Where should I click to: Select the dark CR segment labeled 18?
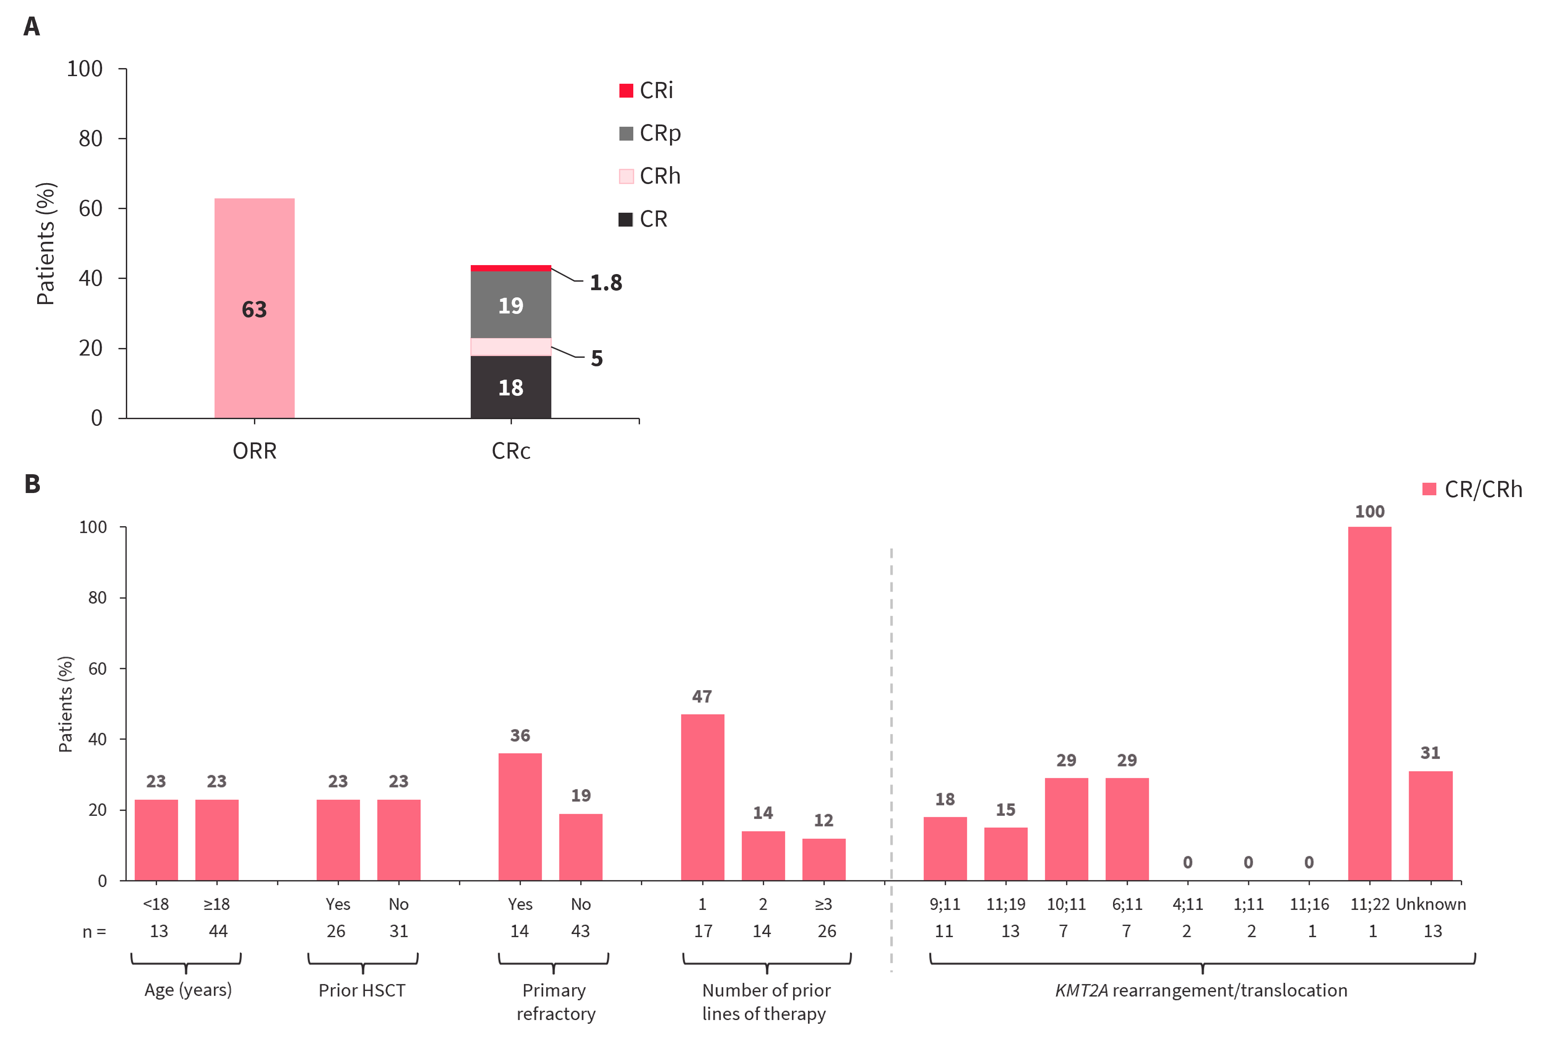(511, 387)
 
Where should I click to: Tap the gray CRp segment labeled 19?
(511, 305)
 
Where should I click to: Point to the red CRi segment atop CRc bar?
(511, 268)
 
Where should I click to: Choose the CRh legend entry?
(649, 176)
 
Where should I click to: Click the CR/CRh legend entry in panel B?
(1472, 489)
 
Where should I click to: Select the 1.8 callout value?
(606, 283)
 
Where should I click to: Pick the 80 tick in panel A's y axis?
(90, 138)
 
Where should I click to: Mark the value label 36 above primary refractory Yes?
(520, 735)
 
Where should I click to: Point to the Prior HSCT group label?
(362, 991)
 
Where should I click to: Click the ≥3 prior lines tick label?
(824, 904)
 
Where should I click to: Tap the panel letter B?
(32, 484)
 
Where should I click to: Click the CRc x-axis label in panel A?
(511, 451)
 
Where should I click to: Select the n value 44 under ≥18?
(218, 931)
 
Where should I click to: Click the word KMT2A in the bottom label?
(1081, 991)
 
